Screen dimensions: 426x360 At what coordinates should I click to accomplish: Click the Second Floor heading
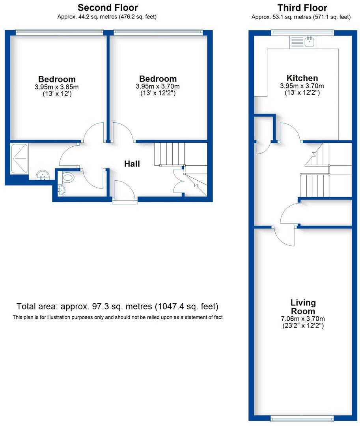pyautogui.click(x=108, y=7)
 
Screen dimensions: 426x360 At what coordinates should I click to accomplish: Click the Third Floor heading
pyautogui.click(x=302, y=7)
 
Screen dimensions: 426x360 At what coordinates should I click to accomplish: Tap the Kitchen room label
pyautogui.click(x=302, y=78)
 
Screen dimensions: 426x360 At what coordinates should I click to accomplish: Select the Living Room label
pyautogui.click(x=303, y=307)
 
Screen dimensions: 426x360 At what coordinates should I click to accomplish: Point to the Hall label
pyautogui.click(x=132, y=164)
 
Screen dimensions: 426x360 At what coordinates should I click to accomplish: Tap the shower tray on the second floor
pyautogui.click(x=19, y=158)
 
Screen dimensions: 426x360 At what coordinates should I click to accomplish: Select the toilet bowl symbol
pyautogui.click(x=68, y=178)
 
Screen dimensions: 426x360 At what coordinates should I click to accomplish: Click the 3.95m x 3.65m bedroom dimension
pyautogui.click(x=57, y=87)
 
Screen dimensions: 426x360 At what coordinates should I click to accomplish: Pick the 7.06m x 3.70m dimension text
pyautogui.click(x=303, y=319)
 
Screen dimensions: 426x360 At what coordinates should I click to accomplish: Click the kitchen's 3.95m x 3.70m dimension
pyautogui.click(x=302, y=86)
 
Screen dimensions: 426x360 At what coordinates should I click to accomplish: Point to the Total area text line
pyautogui.click(x=118, y=306)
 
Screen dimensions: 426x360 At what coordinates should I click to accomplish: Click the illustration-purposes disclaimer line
pyautogui.click(x=118, y=317)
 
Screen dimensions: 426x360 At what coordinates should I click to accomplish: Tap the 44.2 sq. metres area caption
pyautogui.click(x=108, y=17)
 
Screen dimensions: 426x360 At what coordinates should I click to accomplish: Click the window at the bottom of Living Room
pyautogui.click(x=303, y=418)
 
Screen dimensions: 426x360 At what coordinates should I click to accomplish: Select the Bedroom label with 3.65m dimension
pyautogui.click(x=57, y=79)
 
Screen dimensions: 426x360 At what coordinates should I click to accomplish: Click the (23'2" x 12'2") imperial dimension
pyautogui.click(x=303, y=326)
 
